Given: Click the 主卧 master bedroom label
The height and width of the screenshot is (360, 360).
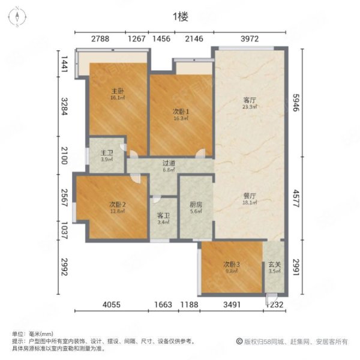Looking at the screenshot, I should pyautogui.click(x=116, y=91).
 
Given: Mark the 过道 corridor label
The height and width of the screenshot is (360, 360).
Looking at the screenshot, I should pyautogui.click(x=170, y=163).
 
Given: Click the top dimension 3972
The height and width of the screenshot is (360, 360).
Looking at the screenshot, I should pyautogui.click(x=249, y=40).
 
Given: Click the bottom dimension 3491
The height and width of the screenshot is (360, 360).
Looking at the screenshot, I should pyautogui.click(x=232, y=305).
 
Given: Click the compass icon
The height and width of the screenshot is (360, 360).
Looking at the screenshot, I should pyautogui.click(x=18, y=16).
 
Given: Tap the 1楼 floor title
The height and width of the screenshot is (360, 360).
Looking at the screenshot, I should pyautogui.click(x=180, y=16).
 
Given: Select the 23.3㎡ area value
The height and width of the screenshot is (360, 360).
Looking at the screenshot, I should pyautogui.click(x=250, y=107).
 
